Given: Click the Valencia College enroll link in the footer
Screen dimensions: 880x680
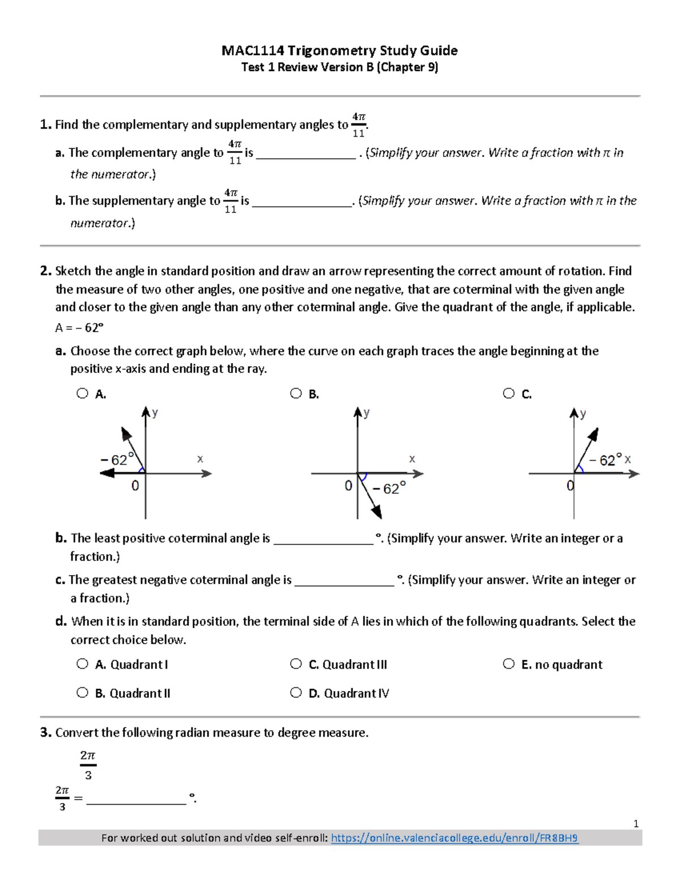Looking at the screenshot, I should point(454,838).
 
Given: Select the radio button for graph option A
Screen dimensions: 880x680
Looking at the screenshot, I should point(83,393).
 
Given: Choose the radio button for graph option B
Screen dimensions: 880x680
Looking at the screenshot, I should point(296,393).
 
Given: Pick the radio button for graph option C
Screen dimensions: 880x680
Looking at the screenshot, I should point(509,393).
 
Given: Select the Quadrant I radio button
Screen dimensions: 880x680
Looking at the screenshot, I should point(83,664).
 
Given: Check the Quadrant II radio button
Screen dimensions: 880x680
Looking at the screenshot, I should point(83,692).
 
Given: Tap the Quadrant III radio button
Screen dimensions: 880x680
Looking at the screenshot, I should point(296,664).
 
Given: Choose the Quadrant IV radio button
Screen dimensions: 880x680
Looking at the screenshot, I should point(296,692).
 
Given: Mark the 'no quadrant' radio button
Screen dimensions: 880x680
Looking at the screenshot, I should point(509,664).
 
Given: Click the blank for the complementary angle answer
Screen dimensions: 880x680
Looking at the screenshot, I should point(305,154).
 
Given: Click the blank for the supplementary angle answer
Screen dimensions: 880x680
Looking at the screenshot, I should point(301,202).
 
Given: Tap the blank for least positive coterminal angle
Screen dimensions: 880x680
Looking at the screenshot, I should point(323,539).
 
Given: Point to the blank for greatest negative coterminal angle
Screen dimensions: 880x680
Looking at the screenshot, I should point(344,580).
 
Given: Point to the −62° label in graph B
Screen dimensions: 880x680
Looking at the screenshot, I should point(389,488).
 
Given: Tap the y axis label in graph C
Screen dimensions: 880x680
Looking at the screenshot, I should point(583,414).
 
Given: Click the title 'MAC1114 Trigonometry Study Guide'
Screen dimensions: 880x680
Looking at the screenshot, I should point(339,50).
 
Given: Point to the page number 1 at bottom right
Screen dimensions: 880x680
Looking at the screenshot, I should point(636,824).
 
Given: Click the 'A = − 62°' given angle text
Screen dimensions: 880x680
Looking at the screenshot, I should point(79,328).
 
